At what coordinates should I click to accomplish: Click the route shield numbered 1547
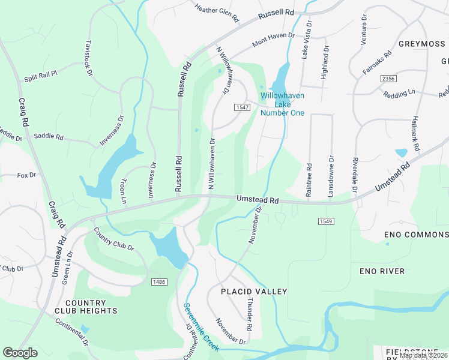tap(242, 107)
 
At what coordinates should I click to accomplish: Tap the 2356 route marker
tap(388, 79)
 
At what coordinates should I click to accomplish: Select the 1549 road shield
tap(326, 221)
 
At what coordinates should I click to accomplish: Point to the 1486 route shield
tap(159, 281)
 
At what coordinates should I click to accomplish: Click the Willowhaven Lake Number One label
tap(282, 104)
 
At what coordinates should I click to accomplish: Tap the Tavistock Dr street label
tap(89, 58)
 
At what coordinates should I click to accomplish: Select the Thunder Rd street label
tap(250, 309)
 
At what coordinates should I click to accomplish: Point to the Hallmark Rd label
tap(414, 133)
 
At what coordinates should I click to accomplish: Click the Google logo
tap(20, 353)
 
